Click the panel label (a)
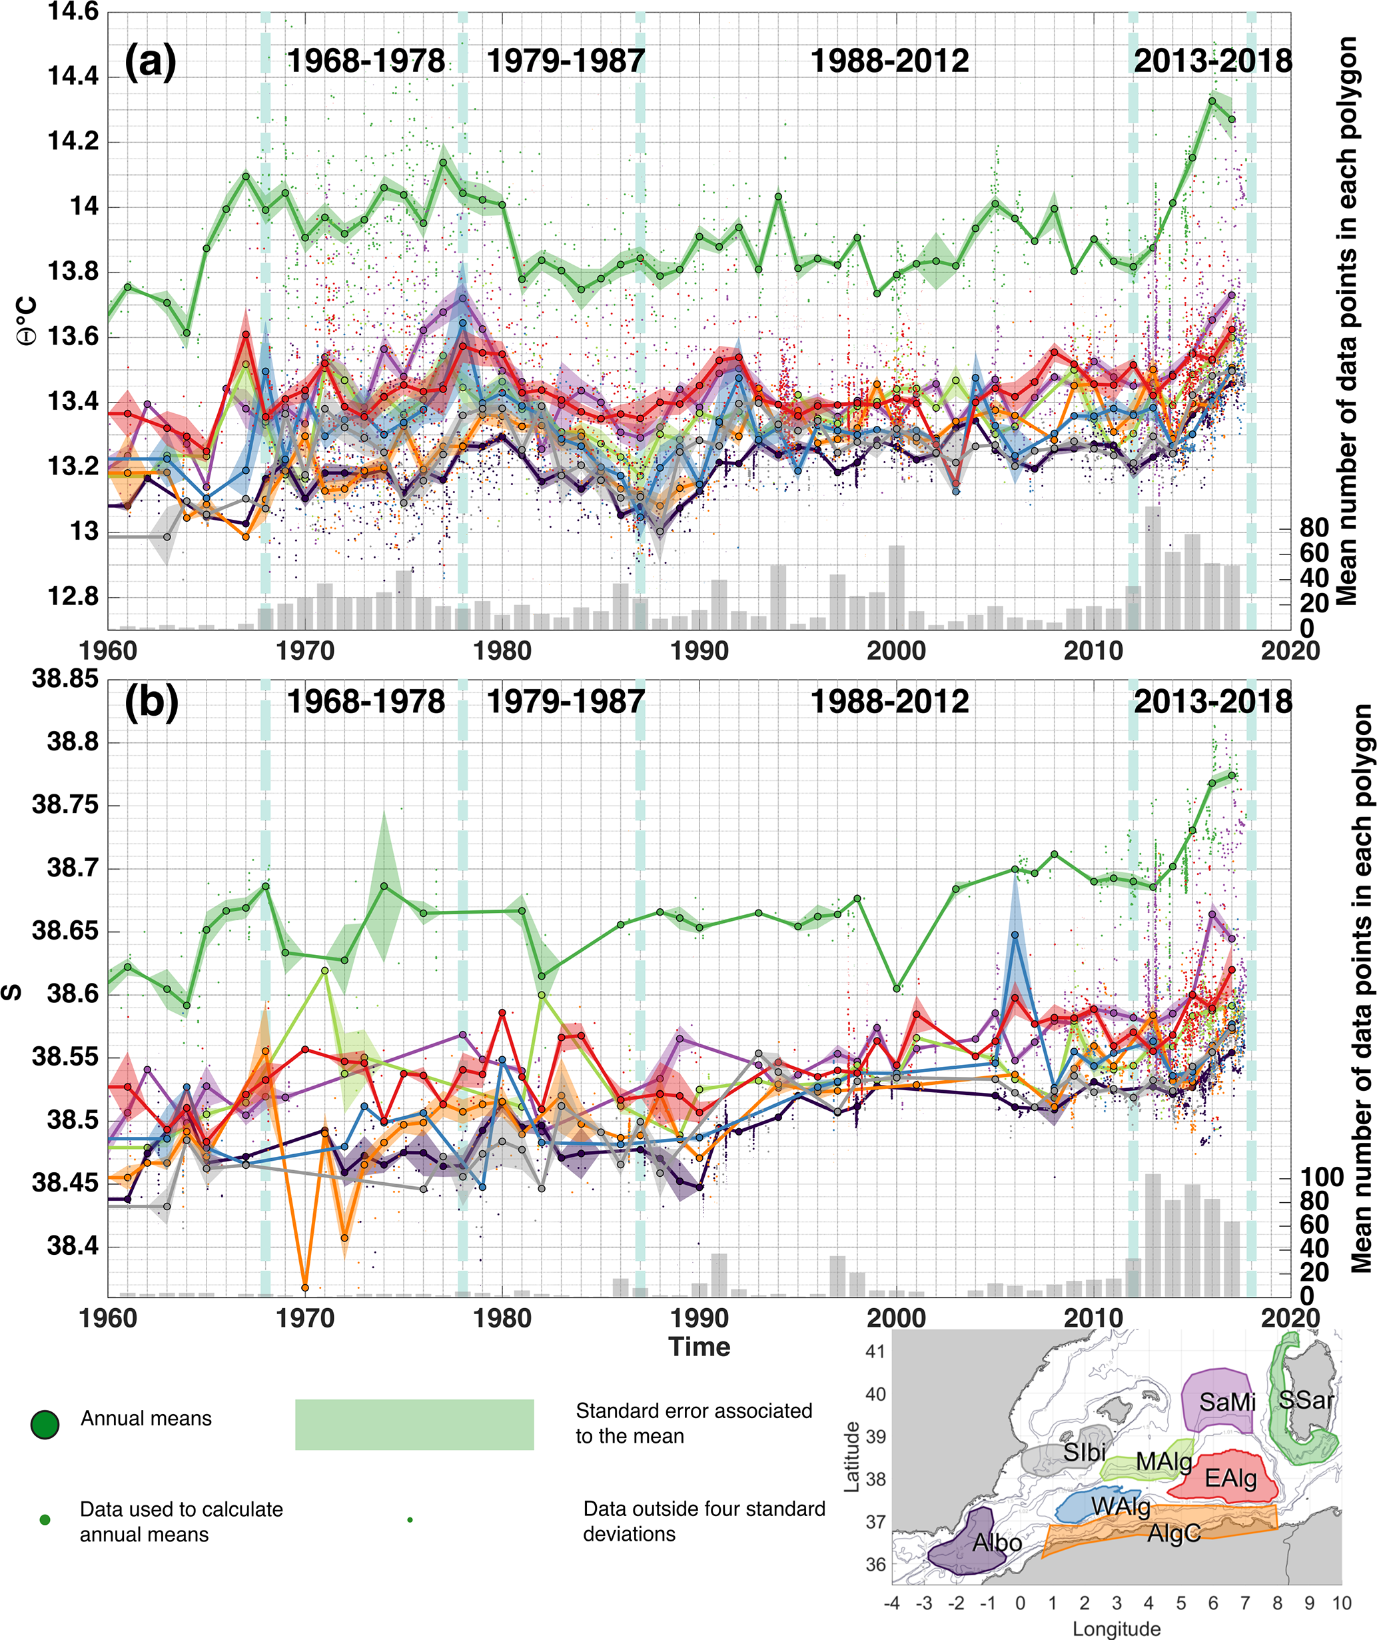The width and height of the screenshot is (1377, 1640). pos(150,61)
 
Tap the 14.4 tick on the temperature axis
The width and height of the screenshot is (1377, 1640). pos(73,77)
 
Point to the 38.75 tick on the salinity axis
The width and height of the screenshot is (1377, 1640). pos(65,805)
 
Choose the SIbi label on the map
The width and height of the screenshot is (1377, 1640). pos(1085,1452)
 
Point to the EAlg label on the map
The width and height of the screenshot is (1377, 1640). pos(1231,1477)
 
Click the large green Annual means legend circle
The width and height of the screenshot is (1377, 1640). pos(45,1425)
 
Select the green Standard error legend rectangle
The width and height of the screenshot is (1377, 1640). pos(414,1425)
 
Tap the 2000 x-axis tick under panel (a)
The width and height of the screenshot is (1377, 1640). pos(896,650)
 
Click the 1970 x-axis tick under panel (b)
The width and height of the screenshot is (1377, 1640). pos(305,1317)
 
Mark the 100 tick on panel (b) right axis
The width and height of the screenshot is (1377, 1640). pos(1322,1177)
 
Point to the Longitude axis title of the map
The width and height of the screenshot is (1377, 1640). pos(1117,1628)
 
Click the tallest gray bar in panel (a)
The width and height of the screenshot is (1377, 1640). pos(1152,568)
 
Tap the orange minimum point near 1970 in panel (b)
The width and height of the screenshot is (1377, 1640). pos(305,1287)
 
